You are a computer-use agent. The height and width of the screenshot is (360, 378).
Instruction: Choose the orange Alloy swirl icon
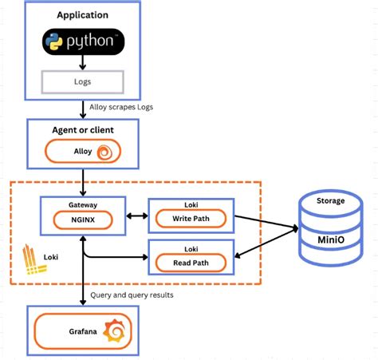click(104, 152)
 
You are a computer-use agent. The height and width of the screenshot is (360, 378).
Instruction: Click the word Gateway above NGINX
click(82, 204)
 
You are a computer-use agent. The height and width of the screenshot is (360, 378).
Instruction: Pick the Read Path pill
click(192, 261)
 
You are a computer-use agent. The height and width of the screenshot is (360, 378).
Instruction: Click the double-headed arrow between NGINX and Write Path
click(136, 216)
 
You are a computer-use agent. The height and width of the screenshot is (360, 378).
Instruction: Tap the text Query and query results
click(131, 295)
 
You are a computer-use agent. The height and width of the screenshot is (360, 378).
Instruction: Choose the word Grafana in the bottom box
click(77, 330)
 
